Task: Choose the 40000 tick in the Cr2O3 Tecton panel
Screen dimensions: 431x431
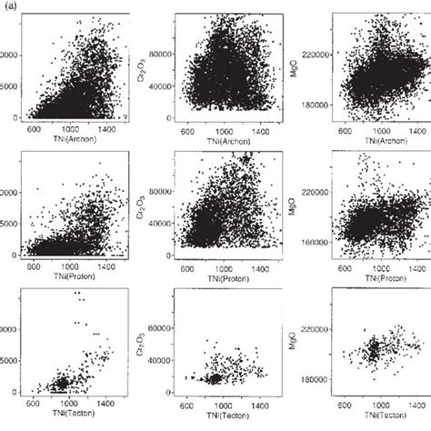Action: pos(166,359)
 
